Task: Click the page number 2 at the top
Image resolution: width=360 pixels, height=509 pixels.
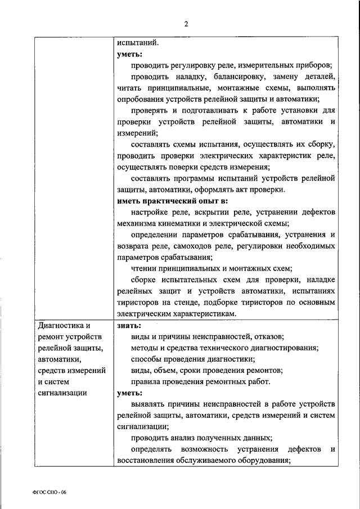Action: click(186, 23)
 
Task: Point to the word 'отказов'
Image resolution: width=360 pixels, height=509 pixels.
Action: click(269, 336)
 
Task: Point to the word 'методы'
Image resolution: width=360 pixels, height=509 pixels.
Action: click(144, 348)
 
